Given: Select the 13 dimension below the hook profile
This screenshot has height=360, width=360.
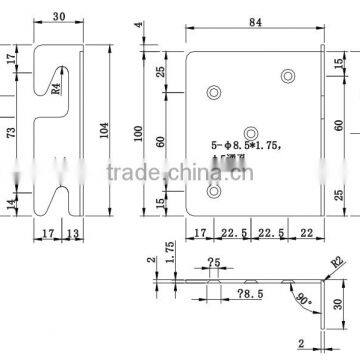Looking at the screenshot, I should tap(73, 236).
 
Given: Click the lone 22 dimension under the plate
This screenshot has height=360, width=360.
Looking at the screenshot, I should tap(304, 236).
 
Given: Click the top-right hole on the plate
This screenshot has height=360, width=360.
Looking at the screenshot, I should tap(289, 74).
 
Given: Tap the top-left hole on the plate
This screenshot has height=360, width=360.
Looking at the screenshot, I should tap(212, 93).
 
